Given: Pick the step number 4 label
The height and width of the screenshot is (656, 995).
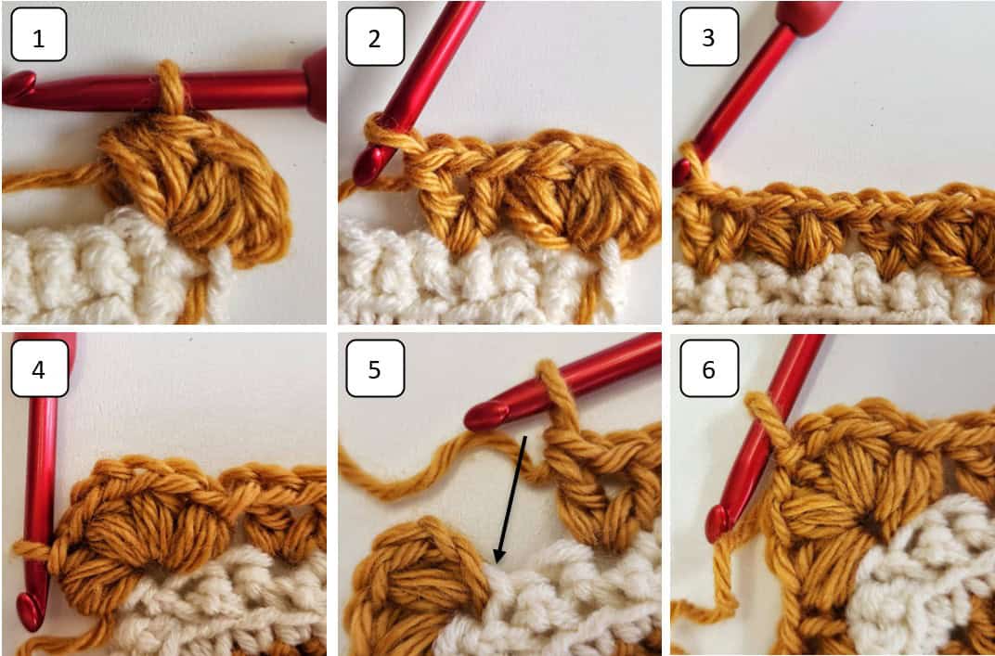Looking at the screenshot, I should (38, 367).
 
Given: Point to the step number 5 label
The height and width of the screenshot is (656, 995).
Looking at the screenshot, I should (374, 367).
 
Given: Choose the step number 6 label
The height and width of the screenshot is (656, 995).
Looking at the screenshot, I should (709, 367).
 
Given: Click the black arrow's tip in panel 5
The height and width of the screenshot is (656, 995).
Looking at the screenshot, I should (497, 562).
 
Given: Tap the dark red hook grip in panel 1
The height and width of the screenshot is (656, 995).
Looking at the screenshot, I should (316, 85).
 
